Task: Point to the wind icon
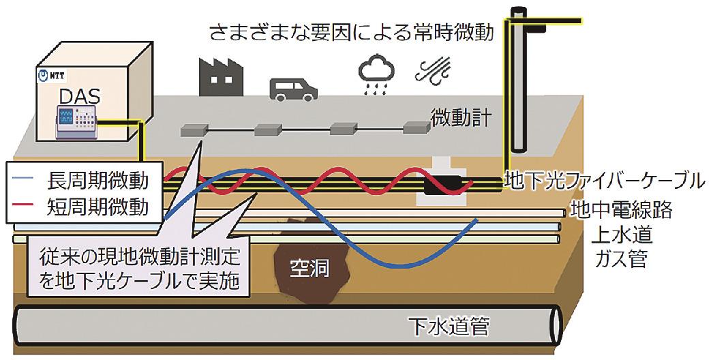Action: pyautogui.click(x=432, y=70)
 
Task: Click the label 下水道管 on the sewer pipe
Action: pyautogui.click(x=448, y=326)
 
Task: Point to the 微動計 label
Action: pyautogui.click(x=461, y=118)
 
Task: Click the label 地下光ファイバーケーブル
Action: pyautogui.click(x=603, y=181)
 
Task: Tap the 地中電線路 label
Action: pyautogui.click(x=622, y=209)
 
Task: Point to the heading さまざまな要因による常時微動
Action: pyautogui.click(x=361, y=31)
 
